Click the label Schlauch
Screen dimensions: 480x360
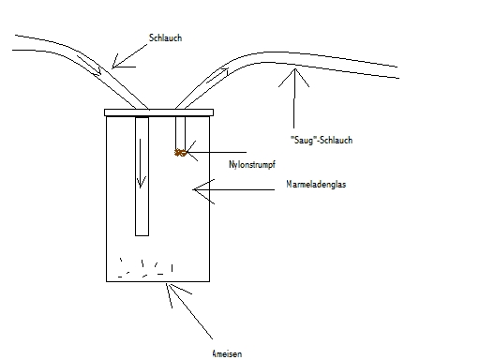(165, 37)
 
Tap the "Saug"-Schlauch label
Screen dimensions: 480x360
(322, 140)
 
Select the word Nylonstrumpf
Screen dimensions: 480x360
(252, 164)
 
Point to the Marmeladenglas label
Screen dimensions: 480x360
(316, 184)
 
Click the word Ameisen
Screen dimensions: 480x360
(227, 353)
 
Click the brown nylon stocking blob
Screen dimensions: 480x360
(180, 153)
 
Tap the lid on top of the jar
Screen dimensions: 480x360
(158, 112)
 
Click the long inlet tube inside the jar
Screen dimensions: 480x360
(142, 176)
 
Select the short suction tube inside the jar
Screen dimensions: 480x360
(180, 134)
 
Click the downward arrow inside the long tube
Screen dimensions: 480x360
(141, 163)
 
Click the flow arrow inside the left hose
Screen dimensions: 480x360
(89, 66)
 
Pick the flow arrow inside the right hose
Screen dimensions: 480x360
(217, 75)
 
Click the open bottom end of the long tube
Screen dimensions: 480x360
(142, 235)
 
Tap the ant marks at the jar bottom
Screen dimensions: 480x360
(145, 268)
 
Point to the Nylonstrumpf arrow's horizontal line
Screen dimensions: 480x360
(217, 152)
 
